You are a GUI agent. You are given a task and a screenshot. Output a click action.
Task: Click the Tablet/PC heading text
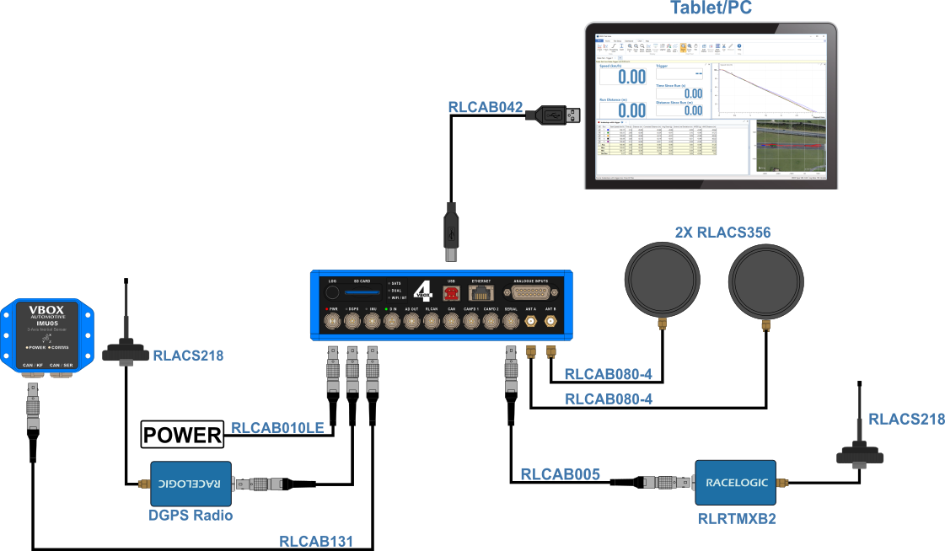[711, 9]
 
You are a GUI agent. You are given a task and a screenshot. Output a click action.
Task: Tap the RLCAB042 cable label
[486, 107]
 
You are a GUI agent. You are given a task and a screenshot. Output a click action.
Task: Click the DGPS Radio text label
[191, 515]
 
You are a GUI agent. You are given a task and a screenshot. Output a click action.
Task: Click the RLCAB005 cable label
[560, 474]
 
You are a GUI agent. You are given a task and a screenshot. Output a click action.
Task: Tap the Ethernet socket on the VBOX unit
[481, 293]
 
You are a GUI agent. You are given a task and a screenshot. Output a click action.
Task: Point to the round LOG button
[332, 293]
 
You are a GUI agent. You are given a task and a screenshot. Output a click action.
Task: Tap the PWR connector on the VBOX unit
[332, 322]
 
